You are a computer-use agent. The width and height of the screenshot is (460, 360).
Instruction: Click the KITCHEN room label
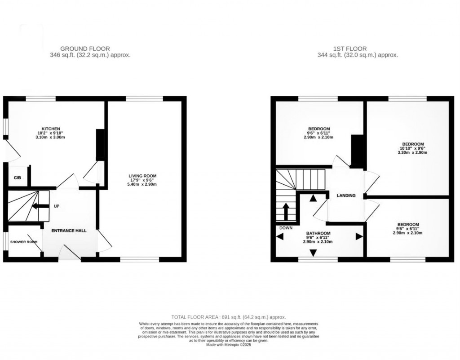tap(51, 129)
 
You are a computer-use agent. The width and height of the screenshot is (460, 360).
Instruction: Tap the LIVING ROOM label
tap(142, 176)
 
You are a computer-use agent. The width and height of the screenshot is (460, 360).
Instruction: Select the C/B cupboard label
tap(18, 178)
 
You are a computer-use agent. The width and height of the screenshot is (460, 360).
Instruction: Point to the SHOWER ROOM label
tap(24, 242)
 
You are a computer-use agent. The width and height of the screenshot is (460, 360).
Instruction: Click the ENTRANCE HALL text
tap(69, 231)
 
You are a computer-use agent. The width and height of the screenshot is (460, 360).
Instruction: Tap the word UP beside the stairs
tap(57, 206)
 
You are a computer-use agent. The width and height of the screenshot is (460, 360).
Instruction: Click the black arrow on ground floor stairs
tap(40, 206)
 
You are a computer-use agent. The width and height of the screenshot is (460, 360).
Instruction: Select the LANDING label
tap(346, 196)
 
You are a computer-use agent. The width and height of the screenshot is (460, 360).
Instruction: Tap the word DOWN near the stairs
tap(286, 228)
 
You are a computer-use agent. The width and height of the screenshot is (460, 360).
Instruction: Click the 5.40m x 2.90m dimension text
tap(142, 185)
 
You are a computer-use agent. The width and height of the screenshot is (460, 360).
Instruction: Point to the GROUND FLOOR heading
tap(85, 49)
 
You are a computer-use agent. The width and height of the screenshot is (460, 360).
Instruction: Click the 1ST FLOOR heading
tap(350, 49)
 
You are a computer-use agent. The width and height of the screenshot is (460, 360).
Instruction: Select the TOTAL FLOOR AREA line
tap(229, 317)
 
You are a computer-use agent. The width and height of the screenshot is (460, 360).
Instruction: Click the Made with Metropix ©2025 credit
tap(229, 345)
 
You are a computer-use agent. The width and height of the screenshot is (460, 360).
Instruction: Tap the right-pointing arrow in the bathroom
tap(359, 236)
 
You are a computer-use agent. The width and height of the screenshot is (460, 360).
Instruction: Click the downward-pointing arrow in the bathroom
tap(313, 253)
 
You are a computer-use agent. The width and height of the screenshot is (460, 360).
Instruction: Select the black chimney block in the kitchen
tap(100, 145)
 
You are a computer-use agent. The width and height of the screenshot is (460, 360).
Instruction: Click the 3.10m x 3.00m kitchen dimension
tap(51, 137)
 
